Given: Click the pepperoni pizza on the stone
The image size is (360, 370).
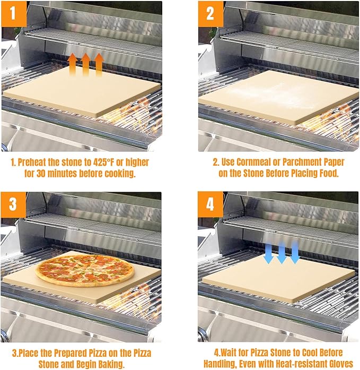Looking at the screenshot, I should [85, 269].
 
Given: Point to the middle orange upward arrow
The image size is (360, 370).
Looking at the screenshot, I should [85, 64].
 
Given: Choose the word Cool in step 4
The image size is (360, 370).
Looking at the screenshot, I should [316, 352].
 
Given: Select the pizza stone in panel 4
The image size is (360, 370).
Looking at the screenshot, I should [278, 279].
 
